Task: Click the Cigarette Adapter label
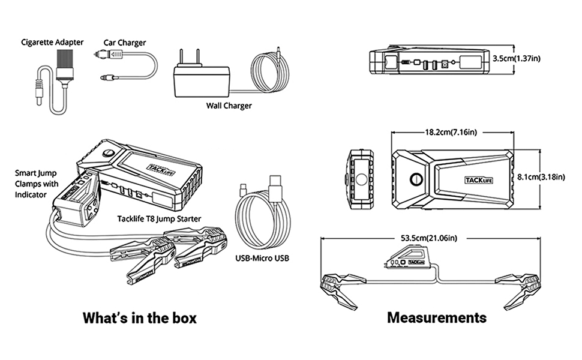pyautogui.click(x=52, y=42)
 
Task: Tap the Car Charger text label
pyautogui.click(x=124, y=43)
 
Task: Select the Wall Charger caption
pyautogui.click(x=229, y=106)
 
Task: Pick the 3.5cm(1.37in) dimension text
pyautogui.click(x=516, y=59)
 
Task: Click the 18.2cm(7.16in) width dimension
pyautogui.click(x=451, y=131)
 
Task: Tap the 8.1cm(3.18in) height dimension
pyautogui.click(x=541, y=176)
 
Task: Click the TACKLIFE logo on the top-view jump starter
pyautogui.click(x=478, y=179)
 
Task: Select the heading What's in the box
pyautogui.click(x=139, y=317)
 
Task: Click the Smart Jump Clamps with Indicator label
pyautogui.click(x=36, y=184)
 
